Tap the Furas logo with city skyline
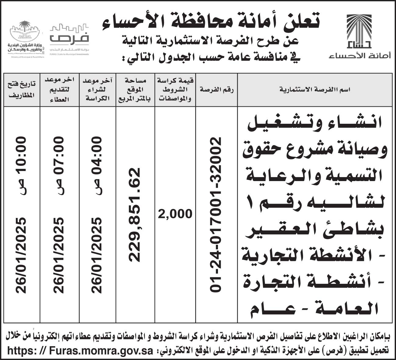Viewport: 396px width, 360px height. pos(69,38)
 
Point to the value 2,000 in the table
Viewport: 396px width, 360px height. pos(175,214)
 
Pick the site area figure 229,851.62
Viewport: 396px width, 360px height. pos(134,215)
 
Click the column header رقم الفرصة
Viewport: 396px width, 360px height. pos(216,90)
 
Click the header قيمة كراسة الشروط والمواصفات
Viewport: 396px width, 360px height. pos(175,90)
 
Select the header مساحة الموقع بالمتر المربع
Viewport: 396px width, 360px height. pos(135,90)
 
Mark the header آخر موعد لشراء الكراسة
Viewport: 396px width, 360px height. pos(97,90)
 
